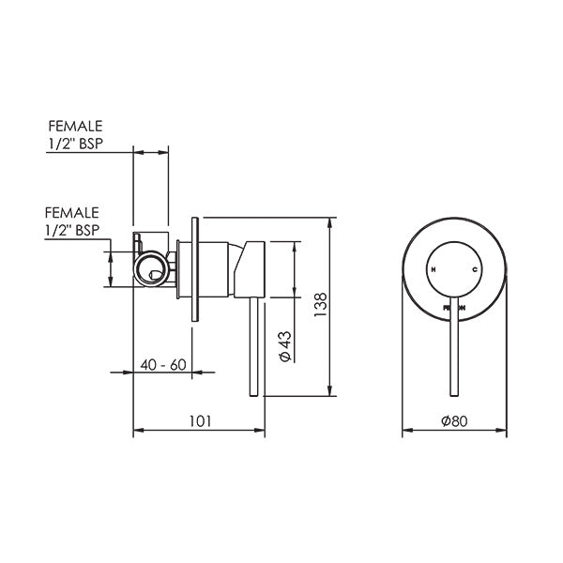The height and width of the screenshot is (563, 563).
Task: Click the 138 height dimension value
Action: click(x=320, y=305)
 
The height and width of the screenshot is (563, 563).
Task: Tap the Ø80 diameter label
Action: click(x=454, y=421)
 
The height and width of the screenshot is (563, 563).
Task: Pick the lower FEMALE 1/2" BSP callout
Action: click(x=71, y=221)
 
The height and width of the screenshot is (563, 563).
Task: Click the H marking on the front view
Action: click(x=434, y=269)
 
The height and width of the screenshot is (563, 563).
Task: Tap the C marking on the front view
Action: click(x=475, y=269)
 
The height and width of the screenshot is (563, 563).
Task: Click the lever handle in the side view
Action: click(x=252, y=347)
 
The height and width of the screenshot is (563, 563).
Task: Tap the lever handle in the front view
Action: click(x=454, y=347)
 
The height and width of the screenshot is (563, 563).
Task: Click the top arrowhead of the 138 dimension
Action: click(x=330, y=222)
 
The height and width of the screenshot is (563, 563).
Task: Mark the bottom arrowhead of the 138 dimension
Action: click(x=330, y=392)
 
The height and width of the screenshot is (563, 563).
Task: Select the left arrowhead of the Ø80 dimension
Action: click(x=405, y=432)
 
